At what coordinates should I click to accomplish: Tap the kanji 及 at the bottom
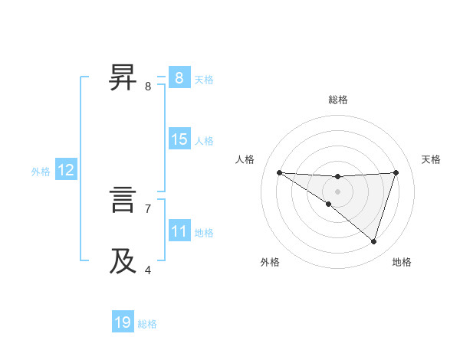point(123,261)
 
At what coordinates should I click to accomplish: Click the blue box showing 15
point(179,139)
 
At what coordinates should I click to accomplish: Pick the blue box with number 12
point(66,171)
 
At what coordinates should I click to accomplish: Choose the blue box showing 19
point(123,322)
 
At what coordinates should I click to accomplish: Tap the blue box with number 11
point(179,231)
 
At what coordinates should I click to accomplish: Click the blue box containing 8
point(179,78)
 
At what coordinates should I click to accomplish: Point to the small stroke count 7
point(148,208)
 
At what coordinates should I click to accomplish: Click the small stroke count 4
point(148,270)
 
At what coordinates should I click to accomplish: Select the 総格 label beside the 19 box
point(147,324)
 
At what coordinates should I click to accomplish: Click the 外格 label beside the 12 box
point(41,172)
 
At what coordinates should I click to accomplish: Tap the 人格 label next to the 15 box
point(204,141)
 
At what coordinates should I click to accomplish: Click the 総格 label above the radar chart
point(338,100)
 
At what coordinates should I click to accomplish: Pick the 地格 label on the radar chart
point(402,263)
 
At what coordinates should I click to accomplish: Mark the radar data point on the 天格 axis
point(396,172)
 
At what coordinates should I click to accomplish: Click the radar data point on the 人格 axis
point(279,172)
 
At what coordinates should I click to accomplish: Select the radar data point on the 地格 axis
point(373,241)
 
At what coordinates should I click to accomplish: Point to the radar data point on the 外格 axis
point(329,204)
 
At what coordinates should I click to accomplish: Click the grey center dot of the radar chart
point(337,191)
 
